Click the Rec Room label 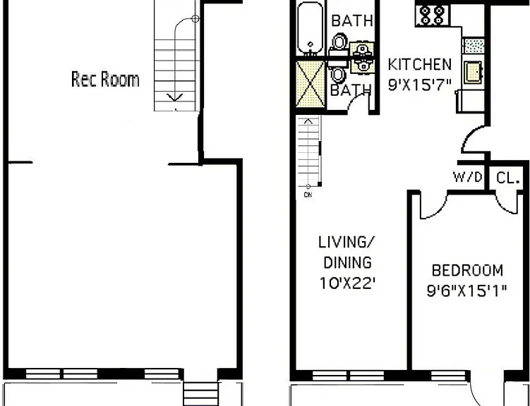point(105,80)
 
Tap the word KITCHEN point(419,64)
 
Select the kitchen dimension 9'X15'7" point(419,85)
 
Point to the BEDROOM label point(467,271)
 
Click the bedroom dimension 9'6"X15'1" point(466,290)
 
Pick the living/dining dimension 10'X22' point(347,283)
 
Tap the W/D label point(468,177)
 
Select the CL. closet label point(507,178)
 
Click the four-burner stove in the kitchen point(432,16)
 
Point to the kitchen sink point(473,72)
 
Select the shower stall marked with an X point(311,84)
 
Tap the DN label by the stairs point(308,195)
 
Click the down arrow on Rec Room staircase point(175,97)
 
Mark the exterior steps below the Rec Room point(200,393)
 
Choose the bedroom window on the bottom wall point(448,376)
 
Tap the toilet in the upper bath point(339,42)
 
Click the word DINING point(347,263)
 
